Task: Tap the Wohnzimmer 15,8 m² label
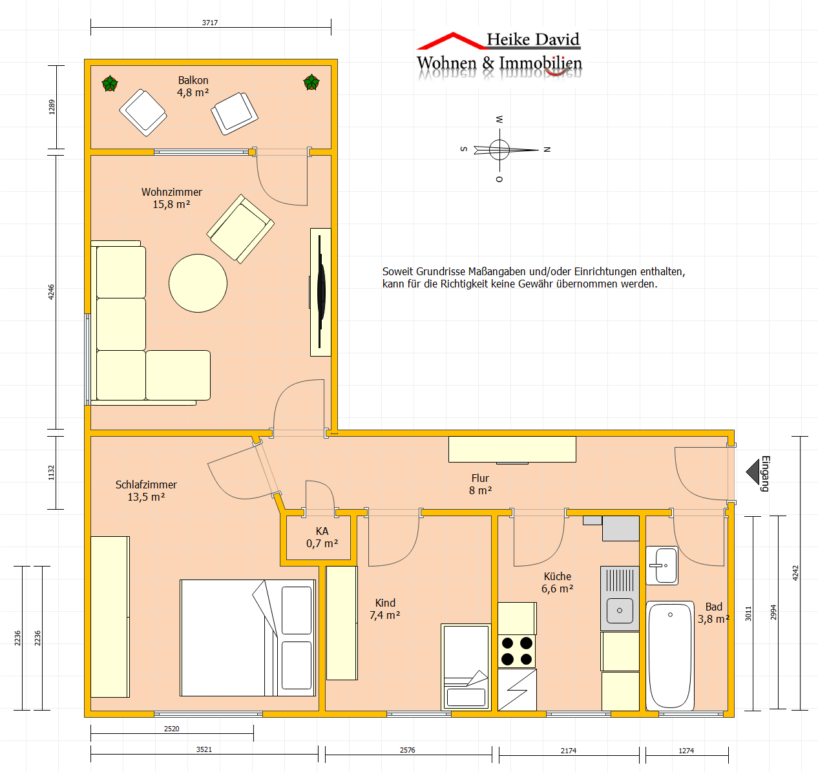tap(171, 198)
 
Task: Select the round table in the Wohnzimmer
tap(198, 283)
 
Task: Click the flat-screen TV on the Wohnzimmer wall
tap(321, 291)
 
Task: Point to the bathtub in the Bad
tap(670, 656)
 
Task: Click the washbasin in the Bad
tap(662, 565)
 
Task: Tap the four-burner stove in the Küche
tap(517, 651)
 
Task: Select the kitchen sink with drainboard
tap(620, 598)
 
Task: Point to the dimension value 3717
tap(209, 23)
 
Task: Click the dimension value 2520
tap(171, 729)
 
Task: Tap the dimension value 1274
tap(686, 751)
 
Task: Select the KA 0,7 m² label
tap(322, 537)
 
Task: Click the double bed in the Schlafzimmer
tap(247, 638)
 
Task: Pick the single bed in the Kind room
tap(466, 667)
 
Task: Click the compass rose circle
tap(499, 149)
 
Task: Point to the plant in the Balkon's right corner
tap(311, 83)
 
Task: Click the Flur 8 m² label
tap(480, 484)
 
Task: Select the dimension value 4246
tap(51, 291)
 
